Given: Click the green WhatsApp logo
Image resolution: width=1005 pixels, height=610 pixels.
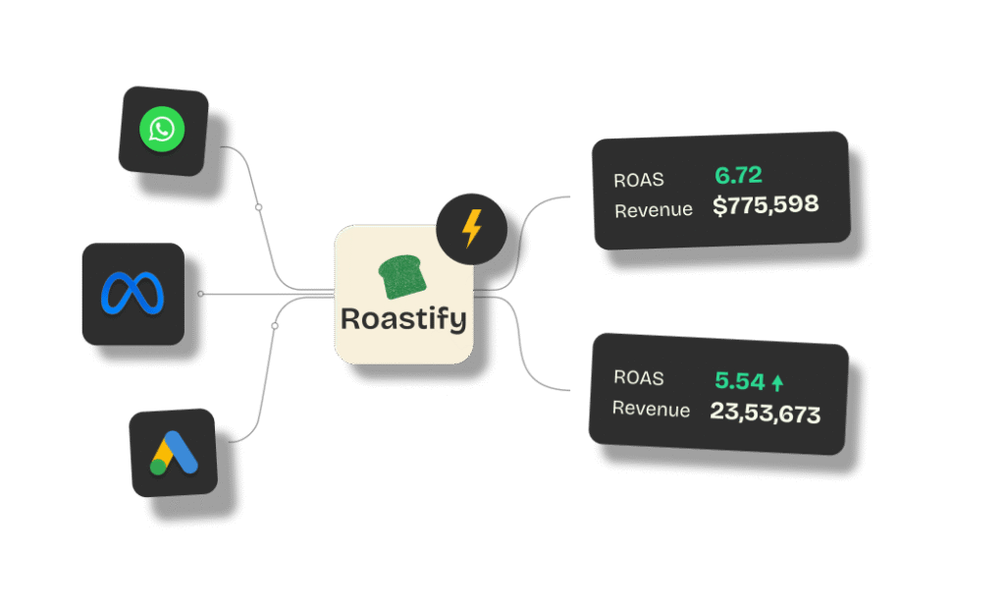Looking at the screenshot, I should [162, 130].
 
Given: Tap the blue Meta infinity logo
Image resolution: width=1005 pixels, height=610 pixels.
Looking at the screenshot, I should [132, 293].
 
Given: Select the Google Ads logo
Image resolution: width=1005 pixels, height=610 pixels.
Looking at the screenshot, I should [175, 453].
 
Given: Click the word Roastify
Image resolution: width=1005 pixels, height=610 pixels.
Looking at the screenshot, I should [403, 319].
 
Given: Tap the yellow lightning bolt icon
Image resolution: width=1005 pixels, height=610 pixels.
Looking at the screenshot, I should [472, 229].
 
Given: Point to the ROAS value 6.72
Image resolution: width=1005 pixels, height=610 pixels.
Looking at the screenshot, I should [738, 176].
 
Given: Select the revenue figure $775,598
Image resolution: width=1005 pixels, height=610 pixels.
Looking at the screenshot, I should [766, 206].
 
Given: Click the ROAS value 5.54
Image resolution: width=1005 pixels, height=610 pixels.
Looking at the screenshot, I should [739, 381].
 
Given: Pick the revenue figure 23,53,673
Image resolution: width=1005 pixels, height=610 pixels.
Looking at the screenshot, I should [765, 413].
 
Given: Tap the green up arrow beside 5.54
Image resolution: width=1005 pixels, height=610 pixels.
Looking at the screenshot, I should [778, 383].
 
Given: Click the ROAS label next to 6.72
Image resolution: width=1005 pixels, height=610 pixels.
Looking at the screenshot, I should [639, 180].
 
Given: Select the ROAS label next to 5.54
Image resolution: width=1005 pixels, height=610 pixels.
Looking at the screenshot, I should [639, 378].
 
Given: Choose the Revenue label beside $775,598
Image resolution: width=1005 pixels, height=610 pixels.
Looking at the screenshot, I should [653, 210].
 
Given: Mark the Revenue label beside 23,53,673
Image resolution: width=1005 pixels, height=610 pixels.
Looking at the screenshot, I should [651, 409].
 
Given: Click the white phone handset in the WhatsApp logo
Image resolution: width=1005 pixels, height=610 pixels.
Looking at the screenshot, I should [162, 130].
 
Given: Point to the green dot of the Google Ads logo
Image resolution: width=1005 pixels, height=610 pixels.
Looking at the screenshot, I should [158, 467].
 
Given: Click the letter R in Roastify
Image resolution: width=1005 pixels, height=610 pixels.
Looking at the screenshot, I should [350, 319].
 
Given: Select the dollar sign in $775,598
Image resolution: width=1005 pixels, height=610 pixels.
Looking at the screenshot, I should [720, 207].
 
